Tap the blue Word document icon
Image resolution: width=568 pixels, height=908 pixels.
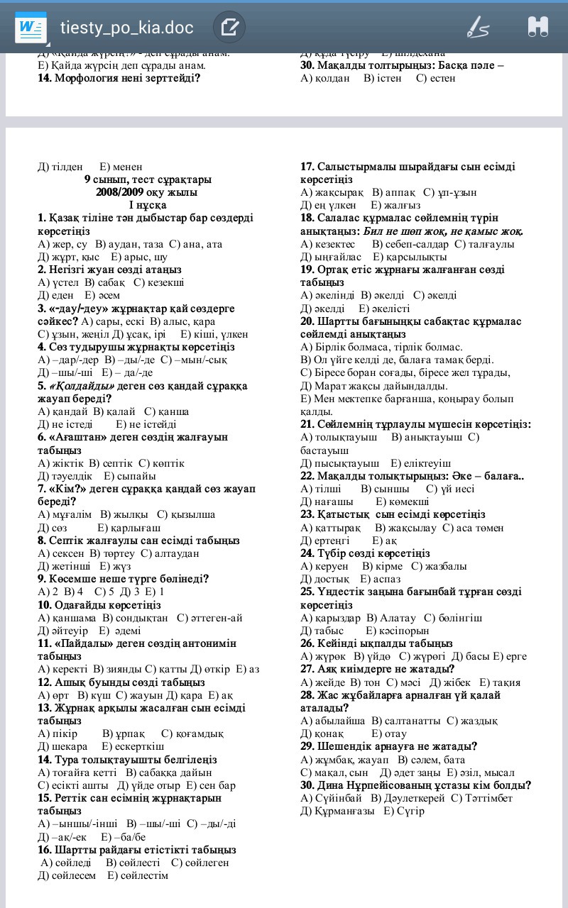(x=31, y=28)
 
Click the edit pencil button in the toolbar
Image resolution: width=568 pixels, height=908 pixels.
(x=229, y=28)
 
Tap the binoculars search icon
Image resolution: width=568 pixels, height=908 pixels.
(x=537, y=28)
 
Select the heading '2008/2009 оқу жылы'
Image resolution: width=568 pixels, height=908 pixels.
(x=147, y=192)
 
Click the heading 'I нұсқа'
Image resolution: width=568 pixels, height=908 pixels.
(x=147, y=205)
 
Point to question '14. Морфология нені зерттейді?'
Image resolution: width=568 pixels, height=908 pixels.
(x=119, y=78)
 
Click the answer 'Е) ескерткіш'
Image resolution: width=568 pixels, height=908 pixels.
(x=133, y=746)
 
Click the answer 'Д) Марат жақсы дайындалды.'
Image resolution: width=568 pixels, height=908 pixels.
(x=374, y=386)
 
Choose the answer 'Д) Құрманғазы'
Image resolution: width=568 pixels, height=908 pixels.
(x=337, y=811)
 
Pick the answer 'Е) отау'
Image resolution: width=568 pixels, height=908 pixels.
(x=389, y=733)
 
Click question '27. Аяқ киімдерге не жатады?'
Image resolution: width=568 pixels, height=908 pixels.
(x=377, y=669)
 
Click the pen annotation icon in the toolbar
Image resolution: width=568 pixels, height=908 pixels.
(x=478, y=28)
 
